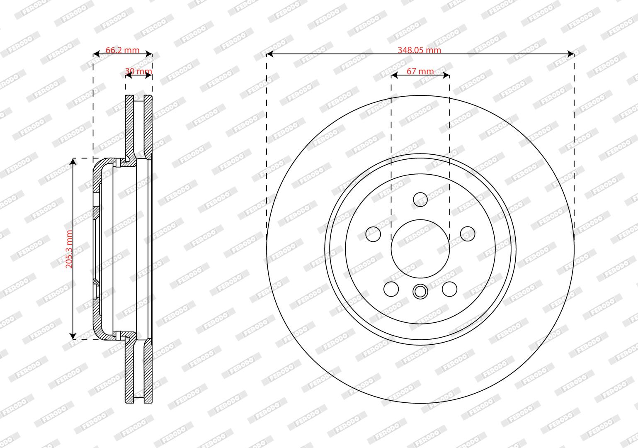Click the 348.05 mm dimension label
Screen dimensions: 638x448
coord(419,50)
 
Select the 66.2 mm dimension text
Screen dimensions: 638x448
coord(122,50)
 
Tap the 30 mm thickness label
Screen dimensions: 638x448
coord(138,71)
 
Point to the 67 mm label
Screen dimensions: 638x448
coord(420,71)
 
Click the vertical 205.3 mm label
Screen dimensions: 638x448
coord(69,249)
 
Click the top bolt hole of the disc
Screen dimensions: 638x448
coord(420,199)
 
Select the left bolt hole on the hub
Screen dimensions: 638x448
coord(373,234)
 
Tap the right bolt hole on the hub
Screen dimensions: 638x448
coord(468,234)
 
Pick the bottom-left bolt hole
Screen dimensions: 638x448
coord(391,289)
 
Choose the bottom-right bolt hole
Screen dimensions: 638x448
coord(449,289)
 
